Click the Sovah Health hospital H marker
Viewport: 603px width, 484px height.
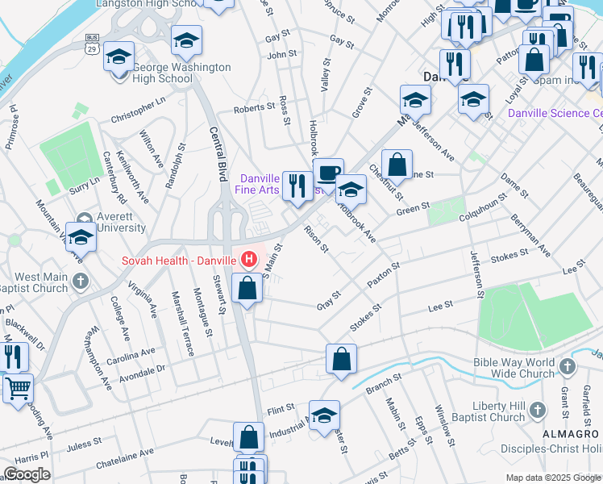(x=249, y=260)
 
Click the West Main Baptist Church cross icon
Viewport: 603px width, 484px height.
(x=79, y=281)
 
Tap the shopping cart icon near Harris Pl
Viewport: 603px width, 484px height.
(x=17, y=389)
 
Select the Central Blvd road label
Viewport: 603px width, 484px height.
(x=215, y=158)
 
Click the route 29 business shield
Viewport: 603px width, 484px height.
(x=94, y=44)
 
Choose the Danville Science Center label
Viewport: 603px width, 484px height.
(x=555, y=113)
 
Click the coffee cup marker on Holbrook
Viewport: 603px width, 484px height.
(x=328, y=172)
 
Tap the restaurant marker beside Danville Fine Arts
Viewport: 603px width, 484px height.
(x=297, y=186)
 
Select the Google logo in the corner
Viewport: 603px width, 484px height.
(x=27, y=474)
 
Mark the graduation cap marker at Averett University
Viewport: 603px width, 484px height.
(x=81, y=238)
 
